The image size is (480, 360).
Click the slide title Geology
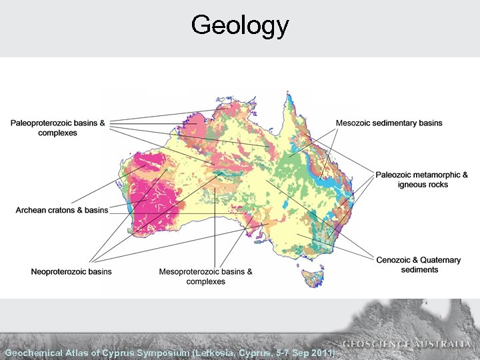click(239, 26)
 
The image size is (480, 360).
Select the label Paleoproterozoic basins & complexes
click(57, 128)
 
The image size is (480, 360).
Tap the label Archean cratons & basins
click(62, 210)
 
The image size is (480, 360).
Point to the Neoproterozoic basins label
click(71, 271)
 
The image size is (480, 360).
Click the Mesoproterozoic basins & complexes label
click(205, 276)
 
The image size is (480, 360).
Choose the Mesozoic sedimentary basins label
click(389, 123)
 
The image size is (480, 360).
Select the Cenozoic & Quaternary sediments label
click(419, 265)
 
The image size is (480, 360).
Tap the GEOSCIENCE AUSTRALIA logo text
click(407, 344)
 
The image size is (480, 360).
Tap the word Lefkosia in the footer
click(219, 352)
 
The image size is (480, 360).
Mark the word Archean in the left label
click(31, 210)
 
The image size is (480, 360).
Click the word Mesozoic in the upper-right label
click(355, 123)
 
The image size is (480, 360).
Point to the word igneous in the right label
click(411, 184)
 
